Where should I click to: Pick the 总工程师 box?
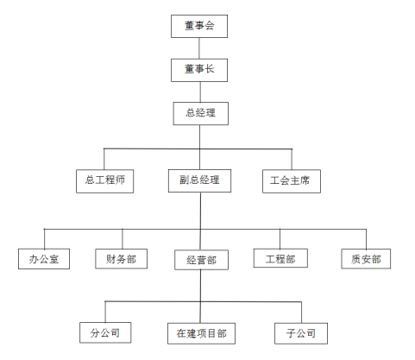105,180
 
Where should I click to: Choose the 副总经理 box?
200,180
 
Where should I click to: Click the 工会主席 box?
292,180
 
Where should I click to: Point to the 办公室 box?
44,257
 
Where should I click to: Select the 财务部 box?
122,257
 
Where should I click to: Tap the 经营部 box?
200,258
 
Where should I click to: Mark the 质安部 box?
366,257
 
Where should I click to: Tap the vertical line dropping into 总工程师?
105,159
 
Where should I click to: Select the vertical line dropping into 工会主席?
292,159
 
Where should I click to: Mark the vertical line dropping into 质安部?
366,238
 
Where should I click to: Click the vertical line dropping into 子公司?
301,312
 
